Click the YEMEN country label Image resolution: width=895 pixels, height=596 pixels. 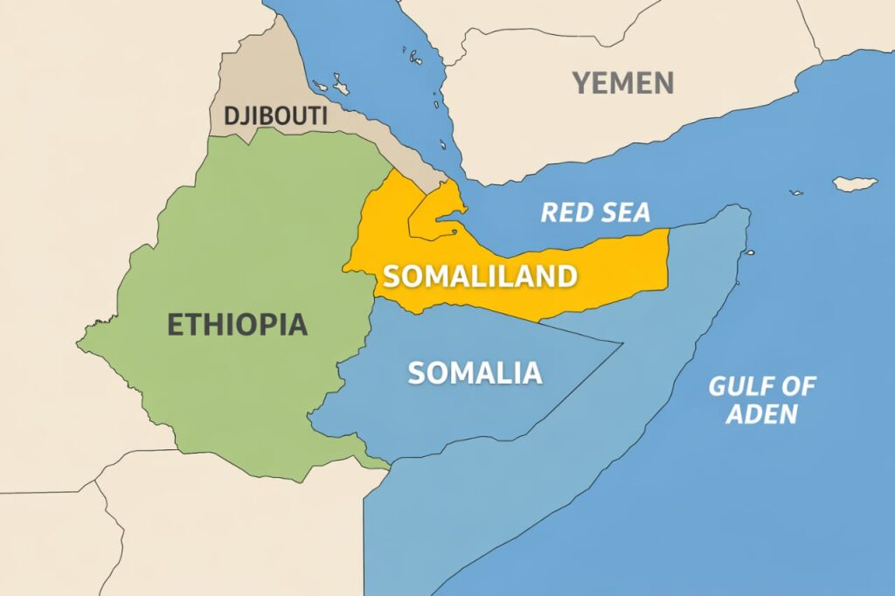tap(623, 83)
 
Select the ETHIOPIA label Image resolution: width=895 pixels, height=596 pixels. tap(237, 324)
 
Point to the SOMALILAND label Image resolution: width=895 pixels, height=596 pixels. tap(480, 276)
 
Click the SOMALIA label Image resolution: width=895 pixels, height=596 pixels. tap(475, 373)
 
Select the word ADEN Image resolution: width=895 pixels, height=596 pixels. tap(761, 413)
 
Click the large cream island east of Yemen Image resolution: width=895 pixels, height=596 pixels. tap(854, 184)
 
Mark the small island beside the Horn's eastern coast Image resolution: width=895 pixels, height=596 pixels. tap(749, 253)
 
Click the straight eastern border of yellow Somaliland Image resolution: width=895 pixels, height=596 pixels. tap(668, 258)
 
